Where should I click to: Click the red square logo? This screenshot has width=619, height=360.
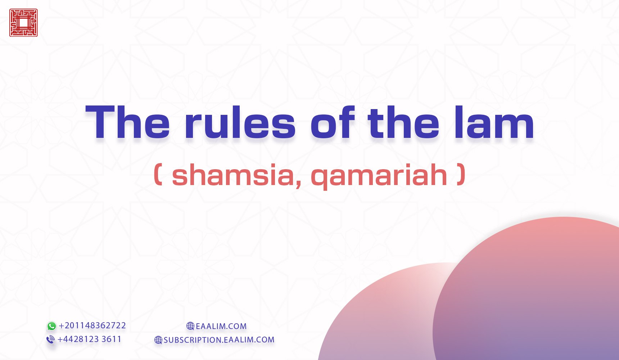coord(23,23)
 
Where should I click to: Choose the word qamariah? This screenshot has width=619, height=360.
coord(379,176)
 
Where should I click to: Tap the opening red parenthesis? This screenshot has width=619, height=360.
coord(158,175)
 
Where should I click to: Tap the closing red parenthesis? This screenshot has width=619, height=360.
coord(461,175)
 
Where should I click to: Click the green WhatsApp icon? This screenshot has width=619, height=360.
coord(52,326)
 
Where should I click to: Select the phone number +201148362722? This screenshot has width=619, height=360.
coord(92,325)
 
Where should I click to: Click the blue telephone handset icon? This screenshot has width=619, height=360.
coord(51,339)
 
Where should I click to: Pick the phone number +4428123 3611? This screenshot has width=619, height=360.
coord(89,339)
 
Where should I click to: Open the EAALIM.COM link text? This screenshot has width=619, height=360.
coord(221,327)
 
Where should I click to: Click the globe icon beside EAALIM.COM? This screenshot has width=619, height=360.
coord(190,326)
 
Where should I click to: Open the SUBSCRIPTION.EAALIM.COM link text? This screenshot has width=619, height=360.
coord(219,340)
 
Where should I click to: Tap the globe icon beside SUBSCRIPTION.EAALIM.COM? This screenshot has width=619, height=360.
coord(158,340)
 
